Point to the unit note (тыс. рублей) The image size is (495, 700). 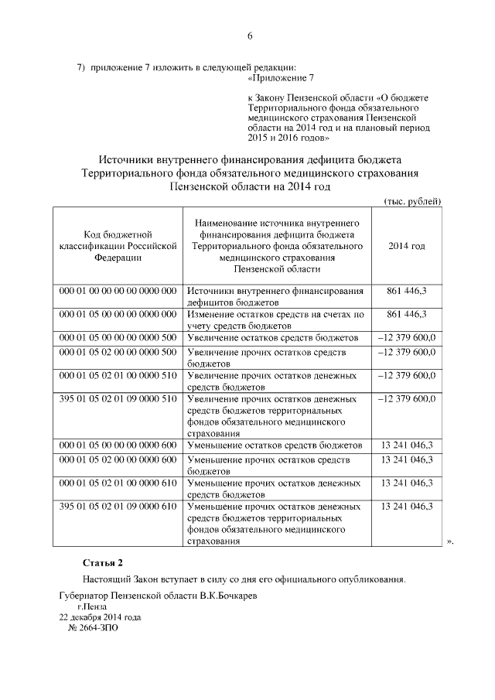[413, 201]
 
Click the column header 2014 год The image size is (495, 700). [407, 246]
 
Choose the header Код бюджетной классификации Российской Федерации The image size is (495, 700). [118, 246]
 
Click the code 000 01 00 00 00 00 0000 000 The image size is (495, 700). [118, 291]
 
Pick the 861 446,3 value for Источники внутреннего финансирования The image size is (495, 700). [407, 291]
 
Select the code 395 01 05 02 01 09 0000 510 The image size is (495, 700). [118, 399]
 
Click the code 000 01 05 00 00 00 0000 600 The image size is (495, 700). [118, 446]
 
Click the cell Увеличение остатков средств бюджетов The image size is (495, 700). [273, 338]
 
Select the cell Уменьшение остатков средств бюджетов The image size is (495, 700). [275, 446]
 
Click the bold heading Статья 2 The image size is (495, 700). [102, 562]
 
